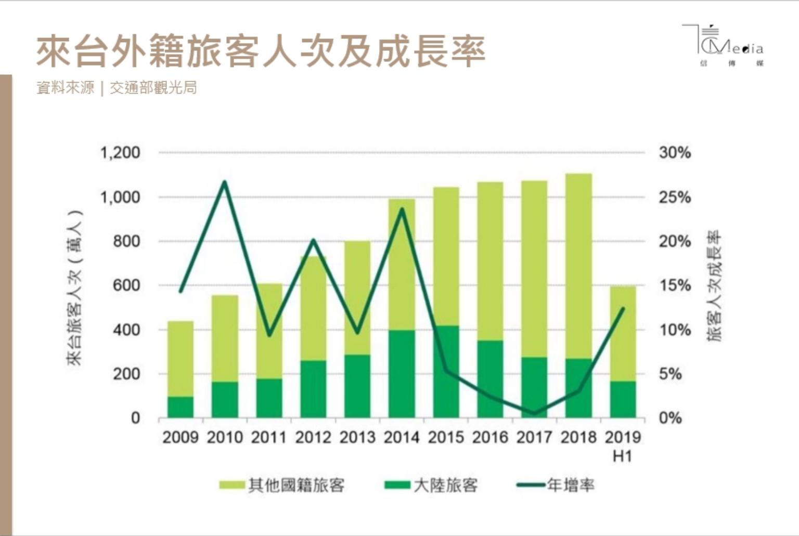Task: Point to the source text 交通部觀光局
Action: coord(153,88)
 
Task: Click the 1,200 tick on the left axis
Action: coord(120,153)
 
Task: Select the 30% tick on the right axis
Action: coord(675,153)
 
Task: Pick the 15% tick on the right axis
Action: coord(675,285)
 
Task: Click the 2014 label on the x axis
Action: coord(402,438)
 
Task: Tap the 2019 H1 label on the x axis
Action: coord(623,446)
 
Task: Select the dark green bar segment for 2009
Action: coord(181,407)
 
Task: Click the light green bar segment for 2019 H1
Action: coord(623,333)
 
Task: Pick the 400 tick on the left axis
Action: coord(126,330)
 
